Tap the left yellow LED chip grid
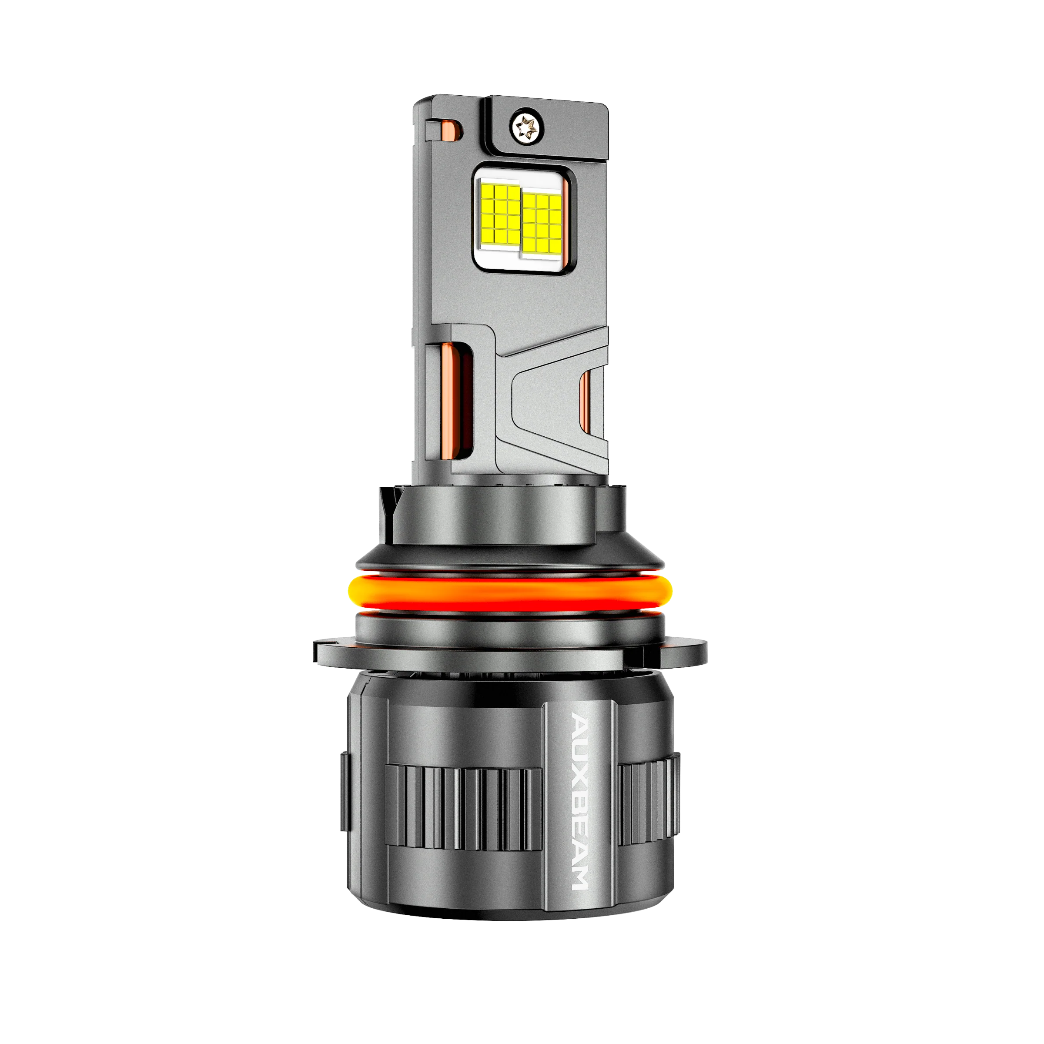pos(500,214)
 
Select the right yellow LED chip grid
pos(542,224)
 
